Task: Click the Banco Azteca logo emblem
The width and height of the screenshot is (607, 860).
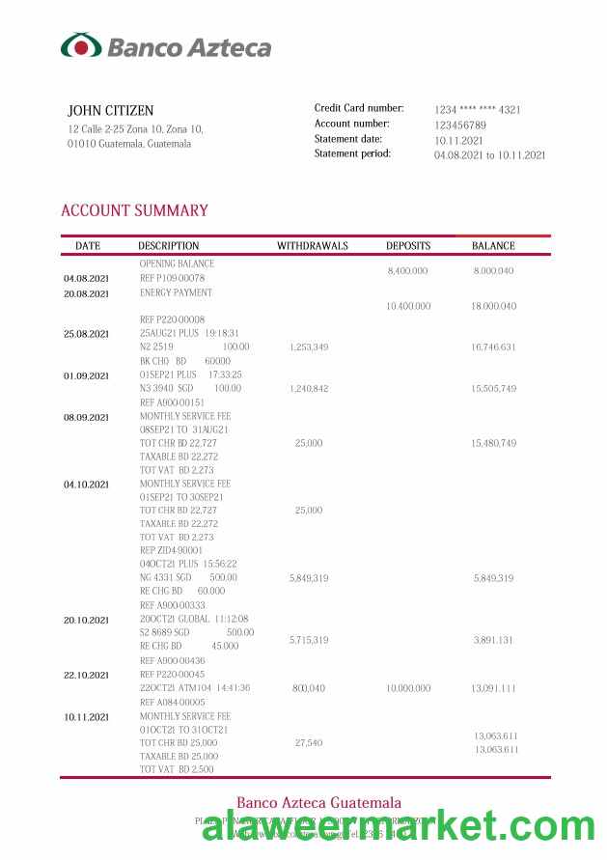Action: [x=81, y=45]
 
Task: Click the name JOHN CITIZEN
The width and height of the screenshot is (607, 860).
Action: [x=110, y=111]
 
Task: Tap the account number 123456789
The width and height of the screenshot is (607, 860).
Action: [x=460, y=125]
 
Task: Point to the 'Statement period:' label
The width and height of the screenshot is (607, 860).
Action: [x=352, y=153]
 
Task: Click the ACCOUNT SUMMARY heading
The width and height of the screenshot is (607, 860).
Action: [x=134, y=210]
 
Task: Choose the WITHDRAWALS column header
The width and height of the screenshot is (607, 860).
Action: [x=312, y=246]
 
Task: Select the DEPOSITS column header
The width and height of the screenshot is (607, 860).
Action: [x=408, y=246]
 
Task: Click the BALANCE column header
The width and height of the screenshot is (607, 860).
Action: [x=493, y=246]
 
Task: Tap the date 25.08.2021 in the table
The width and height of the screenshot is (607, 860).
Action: [x=87, y=334]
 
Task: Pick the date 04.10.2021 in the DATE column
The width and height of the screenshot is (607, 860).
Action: [x=87, y=485]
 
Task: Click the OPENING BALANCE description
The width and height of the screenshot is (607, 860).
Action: [x=177, y=264]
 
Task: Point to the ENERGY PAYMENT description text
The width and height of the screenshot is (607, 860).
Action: [x=176, y=292]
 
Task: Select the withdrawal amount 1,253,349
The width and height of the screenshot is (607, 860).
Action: [x=309, y=347]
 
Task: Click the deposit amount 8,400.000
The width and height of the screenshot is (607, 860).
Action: [x=408, y=272]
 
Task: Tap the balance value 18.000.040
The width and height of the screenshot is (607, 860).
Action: [x=494, y=306]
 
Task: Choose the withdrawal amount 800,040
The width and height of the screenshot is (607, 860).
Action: [x=309, y=688]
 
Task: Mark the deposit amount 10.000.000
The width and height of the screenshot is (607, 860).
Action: [x=408, y=688]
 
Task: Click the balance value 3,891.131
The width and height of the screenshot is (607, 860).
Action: [x=494, y=640]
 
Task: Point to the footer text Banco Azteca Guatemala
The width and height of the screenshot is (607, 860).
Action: [x=318, y=803]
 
